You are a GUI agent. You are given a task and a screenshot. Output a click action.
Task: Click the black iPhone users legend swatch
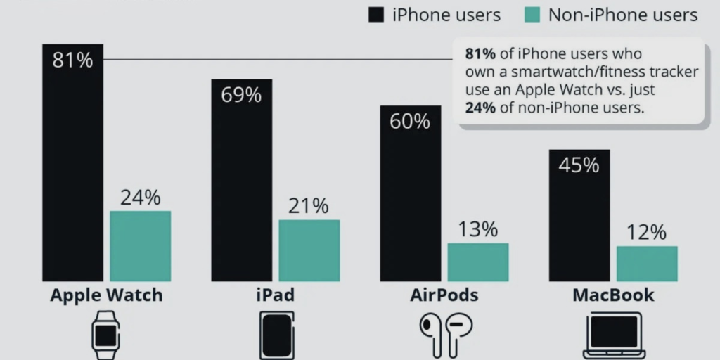point(376,15)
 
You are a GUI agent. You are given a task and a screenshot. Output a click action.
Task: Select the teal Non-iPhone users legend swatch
point(532,15)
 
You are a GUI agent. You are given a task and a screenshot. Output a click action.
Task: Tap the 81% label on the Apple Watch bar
point(72,60)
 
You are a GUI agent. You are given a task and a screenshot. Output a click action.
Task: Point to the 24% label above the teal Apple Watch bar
point(140,198)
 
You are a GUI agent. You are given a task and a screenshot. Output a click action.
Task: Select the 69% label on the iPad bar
point(241,95)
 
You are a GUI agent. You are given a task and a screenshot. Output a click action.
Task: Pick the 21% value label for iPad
point(309,206)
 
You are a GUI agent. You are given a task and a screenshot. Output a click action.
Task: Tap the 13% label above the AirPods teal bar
point(478,229)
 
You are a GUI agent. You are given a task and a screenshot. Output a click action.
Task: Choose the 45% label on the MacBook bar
point(579,165)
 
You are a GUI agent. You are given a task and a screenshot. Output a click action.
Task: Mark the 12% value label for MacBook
point(647,233)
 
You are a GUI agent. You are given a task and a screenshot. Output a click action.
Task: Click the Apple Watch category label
point(106,295)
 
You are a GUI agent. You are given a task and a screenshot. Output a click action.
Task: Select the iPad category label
point(275,295)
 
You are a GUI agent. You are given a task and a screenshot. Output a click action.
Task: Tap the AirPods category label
point(444,295)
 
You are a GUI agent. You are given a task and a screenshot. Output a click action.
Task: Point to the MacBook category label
point(613,295)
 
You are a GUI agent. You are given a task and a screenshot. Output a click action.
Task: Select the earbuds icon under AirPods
point(446,335)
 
